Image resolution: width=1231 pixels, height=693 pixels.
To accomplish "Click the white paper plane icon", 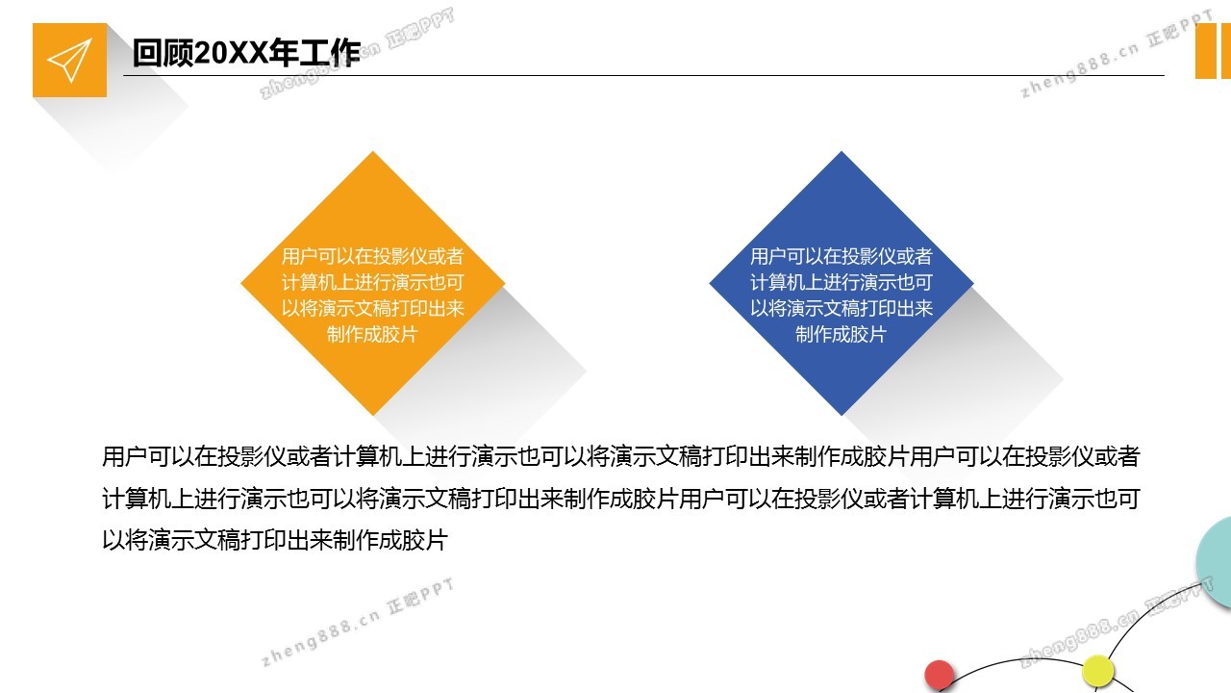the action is point(70,60).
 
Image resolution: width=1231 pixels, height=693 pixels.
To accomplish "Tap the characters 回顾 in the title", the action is point(163,53).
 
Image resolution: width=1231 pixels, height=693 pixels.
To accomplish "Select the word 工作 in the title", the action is point(330,53).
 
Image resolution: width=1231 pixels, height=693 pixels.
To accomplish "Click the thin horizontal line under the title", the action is point(643,75).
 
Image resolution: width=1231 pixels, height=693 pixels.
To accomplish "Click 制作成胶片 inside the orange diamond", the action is point(372,334).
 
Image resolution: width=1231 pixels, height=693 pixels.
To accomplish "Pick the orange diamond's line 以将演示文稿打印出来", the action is point(372,308).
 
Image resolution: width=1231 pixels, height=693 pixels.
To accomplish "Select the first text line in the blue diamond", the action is point(841,256).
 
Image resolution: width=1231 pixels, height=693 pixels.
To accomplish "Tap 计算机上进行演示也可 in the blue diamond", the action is point(841,282).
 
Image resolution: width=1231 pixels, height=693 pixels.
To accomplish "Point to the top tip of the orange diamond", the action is point(373,152).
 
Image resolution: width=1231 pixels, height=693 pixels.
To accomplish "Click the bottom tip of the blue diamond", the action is point(842,415).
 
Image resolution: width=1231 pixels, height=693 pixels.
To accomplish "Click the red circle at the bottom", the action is point(940,675).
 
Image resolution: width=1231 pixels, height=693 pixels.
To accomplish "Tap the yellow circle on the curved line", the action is point(1097,671).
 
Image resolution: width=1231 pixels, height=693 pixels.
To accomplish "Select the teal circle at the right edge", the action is point(1216,561).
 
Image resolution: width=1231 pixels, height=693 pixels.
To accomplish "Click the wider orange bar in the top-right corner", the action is point(1205,51).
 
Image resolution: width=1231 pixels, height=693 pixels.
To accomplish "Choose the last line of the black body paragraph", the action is point(275,540).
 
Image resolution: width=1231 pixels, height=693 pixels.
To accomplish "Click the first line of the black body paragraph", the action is point(621,456).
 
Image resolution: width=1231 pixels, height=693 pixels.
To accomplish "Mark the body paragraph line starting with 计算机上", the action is point(621,499).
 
